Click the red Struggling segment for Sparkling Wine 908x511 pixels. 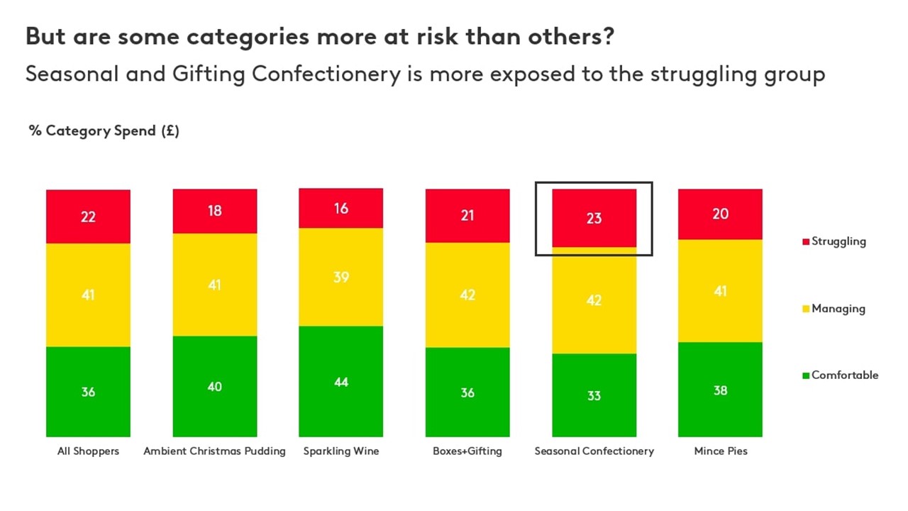[x=340, y=208]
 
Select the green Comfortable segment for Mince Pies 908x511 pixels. [x=720, y=390]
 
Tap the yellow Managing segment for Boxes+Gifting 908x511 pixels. [x=467, y=295]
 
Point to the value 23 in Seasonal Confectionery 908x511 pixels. [x=594, y=218]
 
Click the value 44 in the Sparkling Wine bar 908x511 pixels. [x=340, y=383]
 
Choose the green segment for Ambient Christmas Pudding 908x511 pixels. [x=214, y=386]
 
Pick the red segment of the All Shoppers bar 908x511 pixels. [x=88, y=216]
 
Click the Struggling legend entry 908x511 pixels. [x=838, y=241]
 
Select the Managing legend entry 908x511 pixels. [x=838, y=309]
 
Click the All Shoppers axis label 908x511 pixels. [x=88, y=451]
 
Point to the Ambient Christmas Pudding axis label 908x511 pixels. [x=214, y=451]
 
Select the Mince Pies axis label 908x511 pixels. [x=720, y=451]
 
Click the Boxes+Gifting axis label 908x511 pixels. [x=467, y=451]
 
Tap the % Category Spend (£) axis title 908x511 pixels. [x=104, y=131]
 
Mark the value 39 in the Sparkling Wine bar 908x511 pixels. [x=340, y=277]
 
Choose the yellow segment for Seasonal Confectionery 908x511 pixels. [x=594, y=300]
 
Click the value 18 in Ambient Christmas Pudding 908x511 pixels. [x=214, y=211]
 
